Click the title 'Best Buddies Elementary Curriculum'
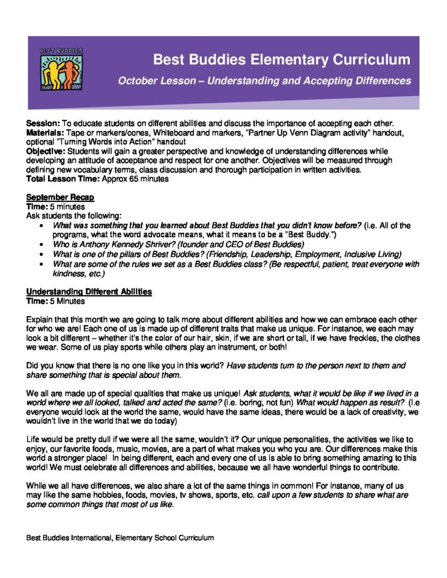(x=282, y=59)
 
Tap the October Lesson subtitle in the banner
(x=264, y=81)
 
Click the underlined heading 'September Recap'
(x=60, y=198)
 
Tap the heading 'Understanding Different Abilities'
(x=89, y=292)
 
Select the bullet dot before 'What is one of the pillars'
(x=43, y=254)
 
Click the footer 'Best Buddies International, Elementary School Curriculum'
(x=120, y=538)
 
